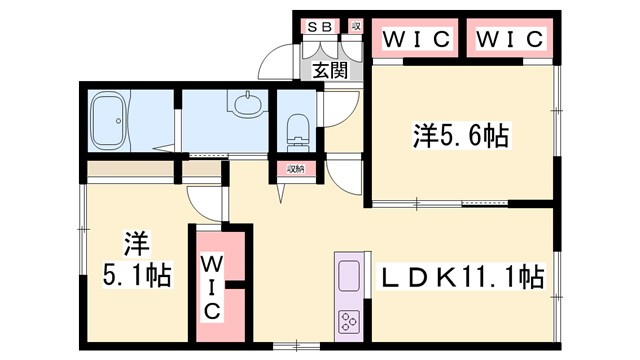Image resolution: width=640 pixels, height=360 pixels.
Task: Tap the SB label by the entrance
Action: click(320, 27)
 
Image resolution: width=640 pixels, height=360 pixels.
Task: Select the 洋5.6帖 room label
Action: click(461, 137)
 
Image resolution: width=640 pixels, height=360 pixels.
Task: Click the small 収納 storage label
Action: click(296, 169)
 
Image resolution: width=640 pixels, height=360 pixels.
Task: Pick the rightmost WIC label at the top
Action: click(509, 39)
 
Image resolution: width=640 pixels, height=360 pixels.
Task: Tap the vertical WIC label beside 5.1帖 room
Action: click(213, 286)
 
